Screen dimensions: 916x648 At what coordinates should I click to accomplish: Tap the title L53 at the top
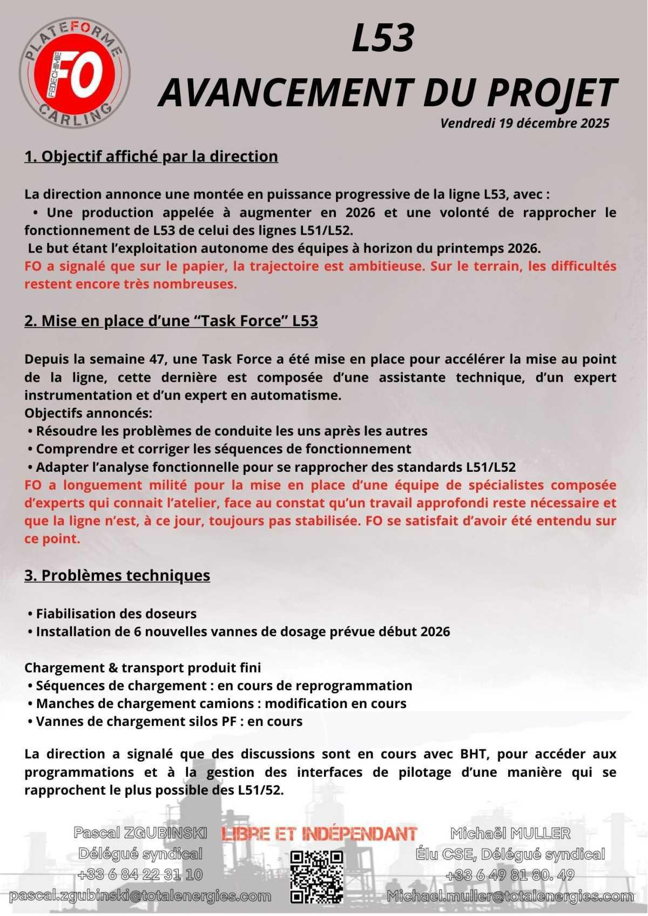pos(383,39)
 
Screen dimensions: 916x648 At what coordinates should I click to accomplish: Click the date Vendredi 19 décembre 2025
pos(524,123)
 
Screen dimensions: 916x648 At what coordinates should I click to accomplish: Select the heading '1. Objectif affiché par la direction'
pos(151,157)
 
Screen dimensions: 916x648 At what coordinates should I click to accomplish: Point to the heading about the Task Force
pos(171,321)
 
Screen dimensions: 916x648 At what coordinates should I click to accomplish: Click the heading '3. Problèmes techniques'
pos(117,575)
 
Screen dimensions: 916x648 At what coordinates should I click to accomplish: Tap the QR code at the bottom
pos(317,877)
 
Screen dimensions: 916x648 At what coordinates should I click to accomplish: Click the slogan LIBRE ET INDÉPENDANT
pos(320,834)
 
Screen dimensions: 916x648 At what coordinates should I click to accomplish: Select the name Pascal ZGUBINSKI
pos(140,833)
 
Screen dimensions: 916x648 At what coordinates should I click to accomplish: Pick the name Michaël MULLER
pos(510,833)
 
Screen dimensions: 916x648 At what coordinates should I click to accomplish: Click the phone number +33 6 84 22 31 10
pos(140,874)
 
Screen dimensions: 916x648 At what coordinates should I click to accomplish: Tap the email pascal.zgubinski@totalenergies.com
pos(140,896)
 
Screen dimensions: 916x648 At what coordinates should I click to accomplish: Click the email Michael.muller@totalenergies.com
pos(510,896)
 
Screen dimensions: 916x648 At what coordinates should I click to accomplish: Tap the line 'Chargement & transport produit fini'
pos(143,668)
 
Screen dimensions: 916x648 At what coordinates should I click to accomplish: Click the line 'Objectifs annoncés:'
pos(89,413)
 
